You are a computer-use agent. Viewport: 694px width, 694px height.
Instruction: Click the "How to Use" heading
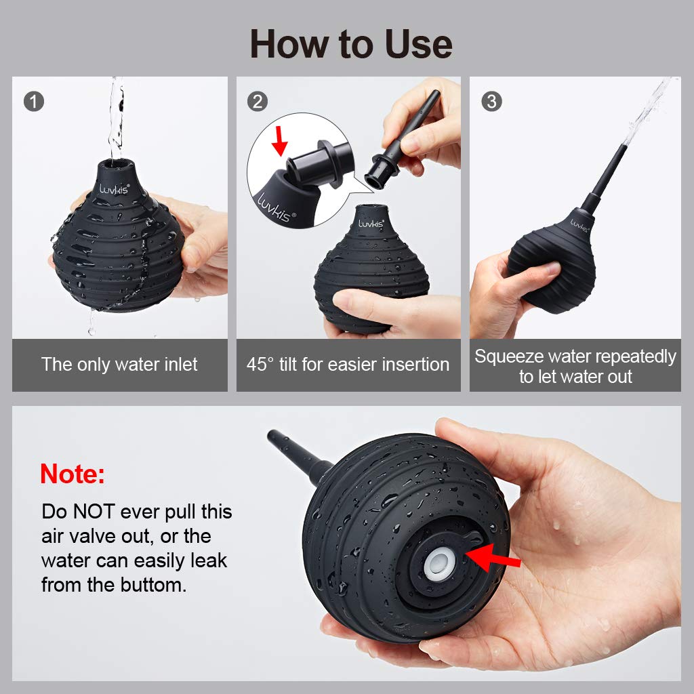(x=351, y=44)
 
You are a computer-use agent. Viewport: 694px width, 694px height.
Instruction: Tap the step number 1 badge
(x=34, y=102)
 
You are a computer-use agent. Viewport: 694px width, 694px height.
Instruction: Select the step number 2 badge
(x=258, y=102)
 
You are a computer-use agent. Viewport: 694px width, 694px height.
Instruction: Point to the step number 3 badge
(x=491, y=102)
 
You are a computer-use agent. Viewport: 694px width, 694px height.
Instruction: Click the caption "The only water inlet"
(x=119, y=364)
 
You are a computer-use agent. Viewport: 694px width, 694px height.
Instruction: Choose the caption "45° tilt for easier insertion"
(x=348, y=364)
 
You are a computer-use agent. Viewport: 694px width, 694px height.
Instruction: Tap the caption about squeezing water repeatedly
(x=575, y=366)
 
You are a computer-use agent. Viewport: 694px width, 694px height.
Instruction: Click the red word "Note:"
(x=73, y=474)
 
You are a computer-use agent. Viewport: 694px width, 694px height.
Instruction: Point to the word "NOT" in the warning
(x=94, y=511)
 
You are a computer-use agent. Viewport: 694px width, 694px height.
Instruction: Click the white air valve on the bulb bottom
(x=439, y=564)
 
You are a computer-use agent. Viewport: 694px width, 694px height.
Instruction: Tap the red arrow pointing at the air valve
(x=493, y=558)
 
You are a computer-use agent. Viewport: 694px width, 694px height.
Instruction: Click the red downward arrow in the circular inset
(x=279, y=141)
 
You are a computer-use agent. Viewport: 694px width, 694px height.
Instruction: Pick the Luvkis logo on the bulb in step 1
(x=114, y=189)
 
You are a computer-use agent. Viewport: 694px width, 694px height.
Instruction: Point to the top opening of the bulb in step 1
(x=115, y=164)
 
